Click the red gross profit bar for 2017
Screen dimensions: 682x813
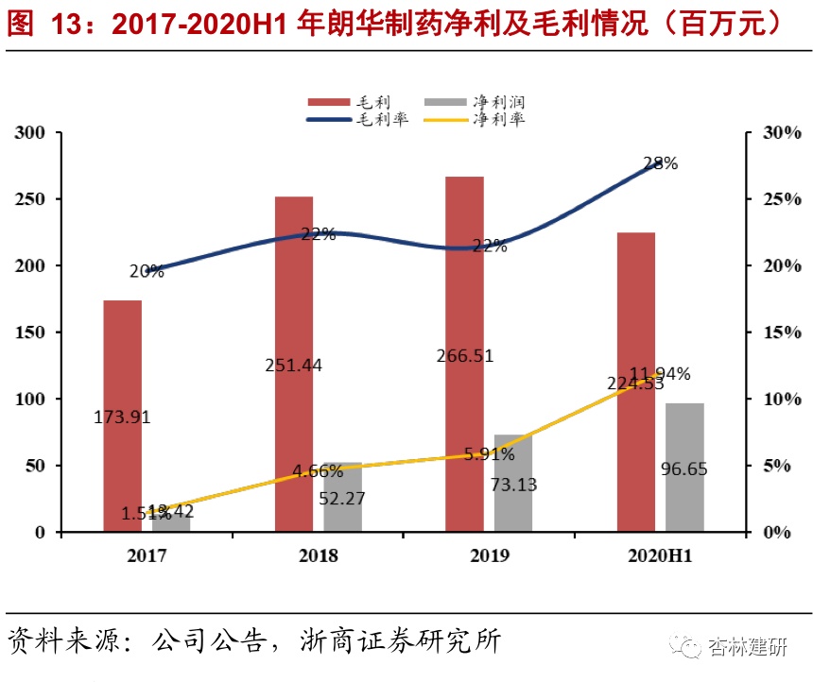click(x=123, y=359)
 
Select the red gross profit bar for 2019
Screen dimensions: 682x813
click(x=465, y=283)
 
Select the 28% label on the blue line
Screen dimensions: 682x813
click(x=660, y=163)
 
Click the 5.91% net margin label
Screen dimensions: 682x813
click(x=489, y=454)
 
